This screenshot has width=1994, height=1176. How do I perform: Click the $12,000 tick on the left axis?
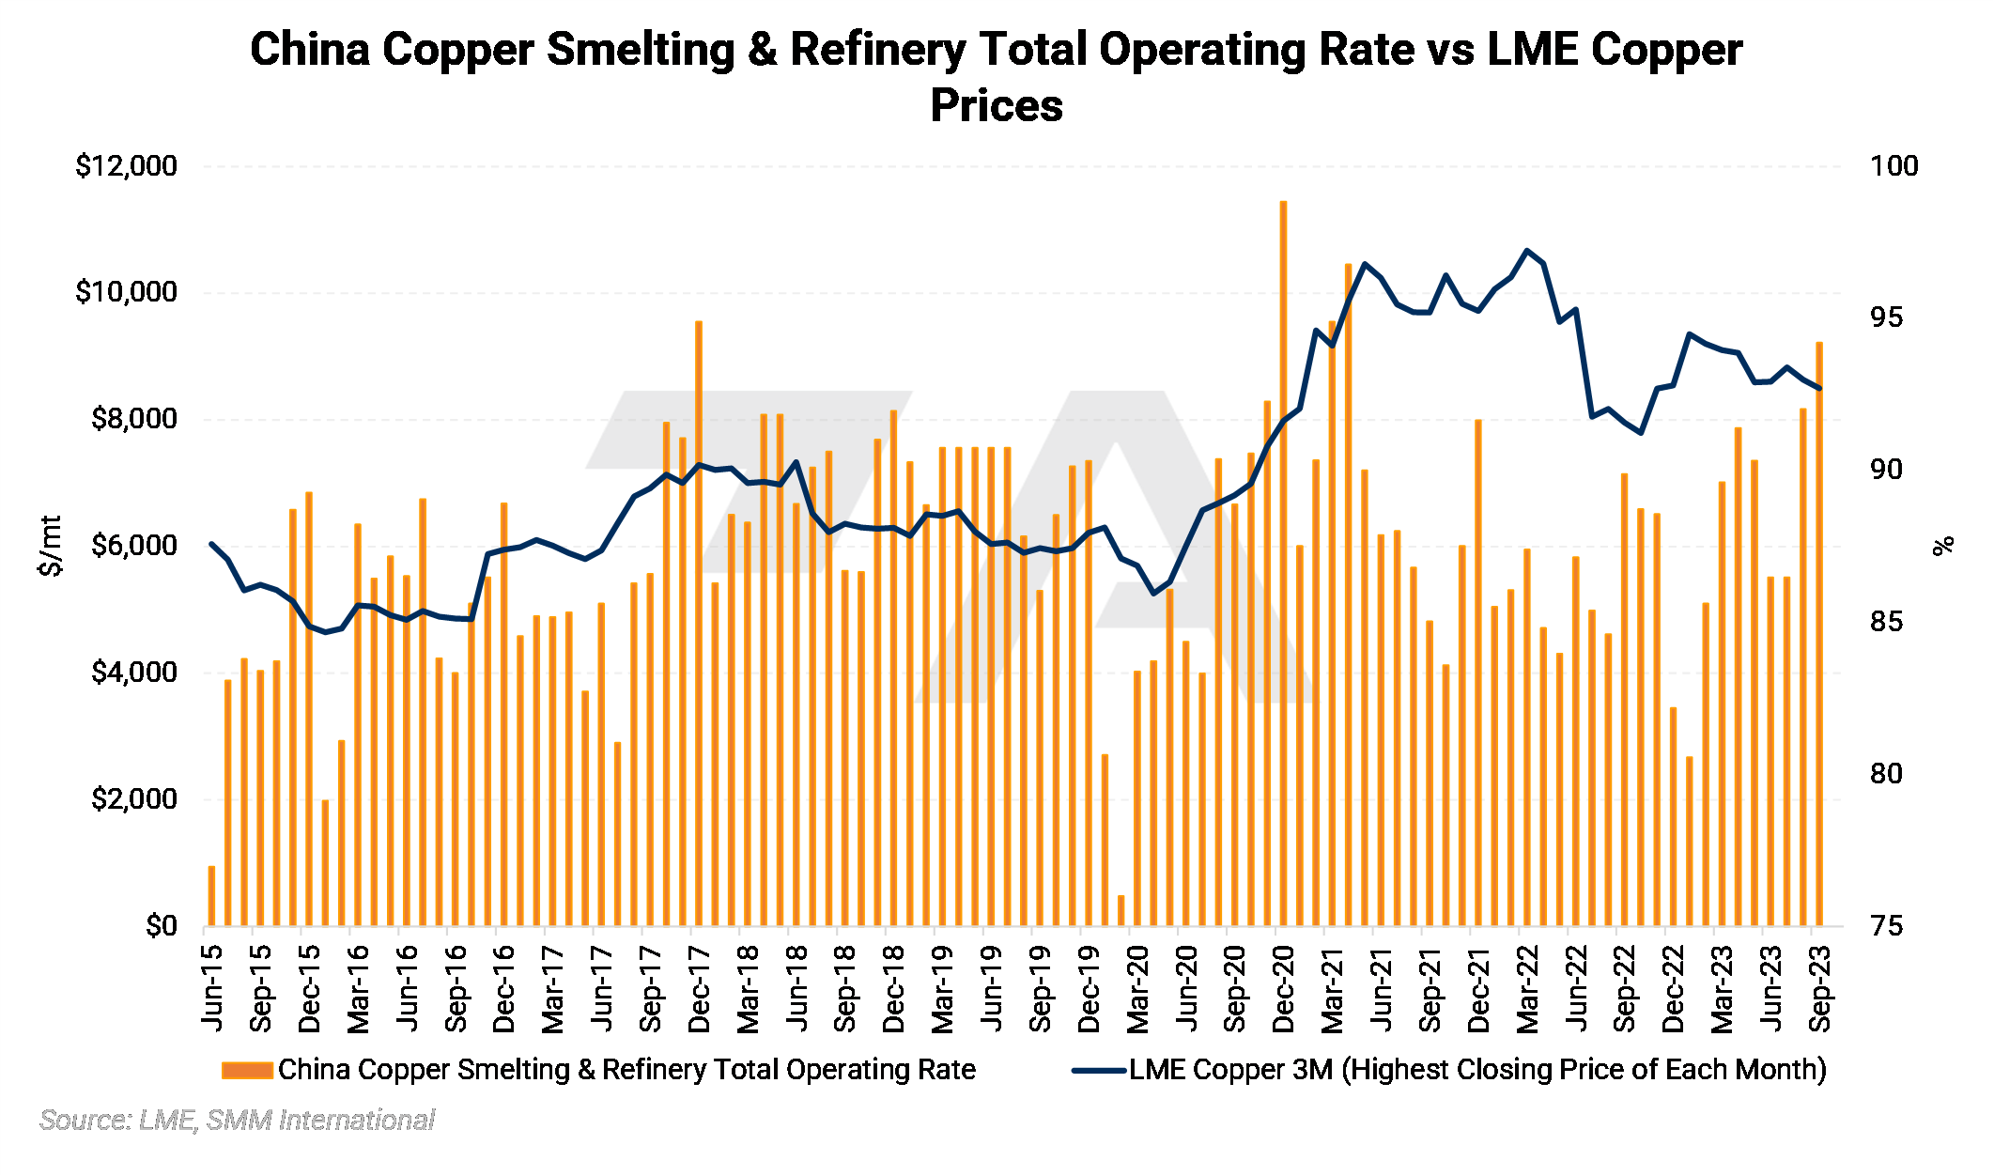click(126, 166)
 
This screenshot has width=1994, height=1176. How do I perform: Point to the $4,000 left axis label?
click(133, 673)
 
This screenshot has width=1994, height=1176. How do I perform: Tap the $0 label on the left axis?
click(161, 926)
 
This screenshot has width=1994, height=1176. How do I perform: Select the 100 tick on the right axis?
click(1894, 166)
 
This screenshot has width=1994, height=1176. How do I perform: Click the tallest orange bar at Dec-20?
click(1283, 564)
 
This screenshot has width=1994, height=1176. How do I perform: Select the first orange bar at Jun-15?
click(211, 896)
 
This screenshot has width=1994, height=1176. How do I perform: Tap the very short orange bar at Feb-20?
click(1121, 910)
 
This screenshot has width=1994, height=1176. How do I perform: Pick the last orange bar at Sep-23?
click(1819, 634)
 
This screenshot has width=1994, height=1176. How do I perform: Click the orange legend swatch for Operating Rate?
click(247, 1070)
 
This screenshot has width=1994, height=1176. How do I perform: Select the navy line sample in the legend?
click(1099, 1070)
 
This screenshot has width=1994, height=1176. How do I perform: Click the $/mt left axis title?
click(51, 546)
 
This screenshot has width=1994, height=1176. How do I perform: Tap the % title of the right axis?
click(1943, 546)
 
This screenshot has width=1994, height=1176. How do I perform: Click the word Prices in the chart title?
click(997, 105)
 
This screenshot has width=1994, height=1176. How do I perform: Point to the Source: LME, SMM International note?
click(237, 1120)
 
